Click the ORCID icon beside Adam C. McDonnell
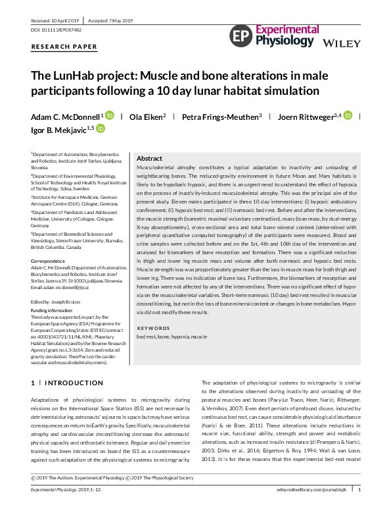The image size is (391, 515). tap(109, 115)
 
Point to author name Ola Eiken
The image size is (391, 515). tap(147, 116)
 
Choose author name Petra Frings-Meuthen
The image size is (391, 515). tap(221, 116)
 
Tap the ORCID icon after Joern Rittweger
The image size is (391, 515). tap(348, 115)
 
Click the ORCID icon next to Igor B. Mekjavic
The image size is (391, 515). tap(101, 130)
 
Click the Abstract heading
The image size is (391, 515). tap(149, 159)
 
